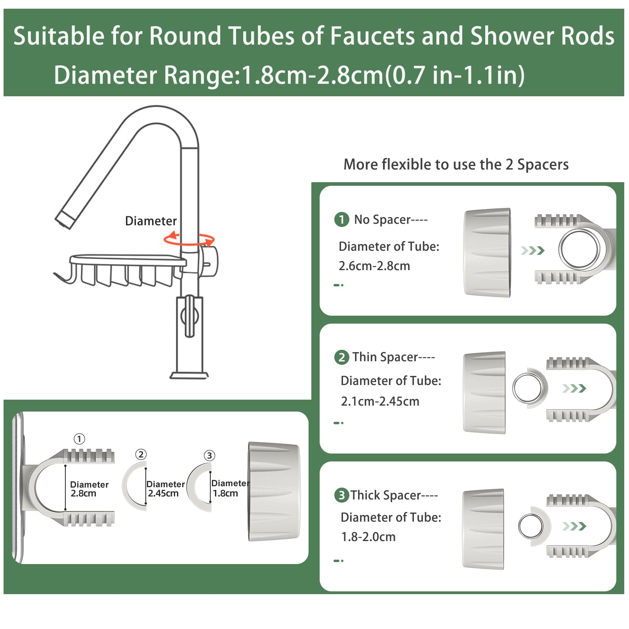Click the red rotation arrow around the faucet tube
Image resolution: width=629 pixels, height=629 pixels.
click(x=189, y=239)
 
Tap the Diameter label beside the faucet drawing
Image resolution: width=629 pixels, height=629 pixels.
click(x=151, y=221)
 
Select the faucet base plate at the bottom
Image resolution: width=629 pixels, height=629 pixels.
click(x=189, y=375)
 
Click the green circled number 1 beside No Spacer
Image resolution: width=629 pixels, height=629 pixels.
click(x=341, y=219)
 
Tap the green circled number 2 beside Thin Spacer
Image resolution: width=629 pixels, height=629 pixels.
click(x=341, y=357)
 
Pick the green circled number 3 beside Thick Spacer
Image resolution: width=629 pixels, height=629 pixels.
click(x=341, y=495)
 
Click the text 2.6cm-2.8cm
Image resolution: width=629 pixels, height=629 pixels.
click(x=374, y=266)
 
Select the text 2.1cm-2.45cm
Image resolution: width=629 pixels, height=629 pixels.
click(x=380, y=401)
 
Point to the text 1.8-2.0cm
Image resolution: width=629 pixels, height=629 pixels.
click(x=368, y=537)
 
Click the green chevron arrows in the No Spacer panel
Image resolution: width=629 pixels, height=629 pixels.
click(x=533, y=250)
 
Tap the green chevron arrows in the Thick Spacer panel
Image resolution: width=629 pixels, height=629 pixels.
click(x=574, y=526)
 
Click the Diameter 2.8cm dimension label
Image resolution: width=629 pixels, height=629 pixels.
click(x=89, y=489)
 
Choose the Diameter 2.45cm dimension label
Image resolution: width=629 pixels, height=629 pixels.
click(x=165, y=489)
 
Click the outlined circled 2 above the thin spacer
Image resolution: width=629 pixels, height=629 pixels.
click(x=141, y=454)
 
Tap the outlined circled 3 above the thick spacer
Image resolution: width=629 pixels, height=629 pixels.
click(x=209, y=456)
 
